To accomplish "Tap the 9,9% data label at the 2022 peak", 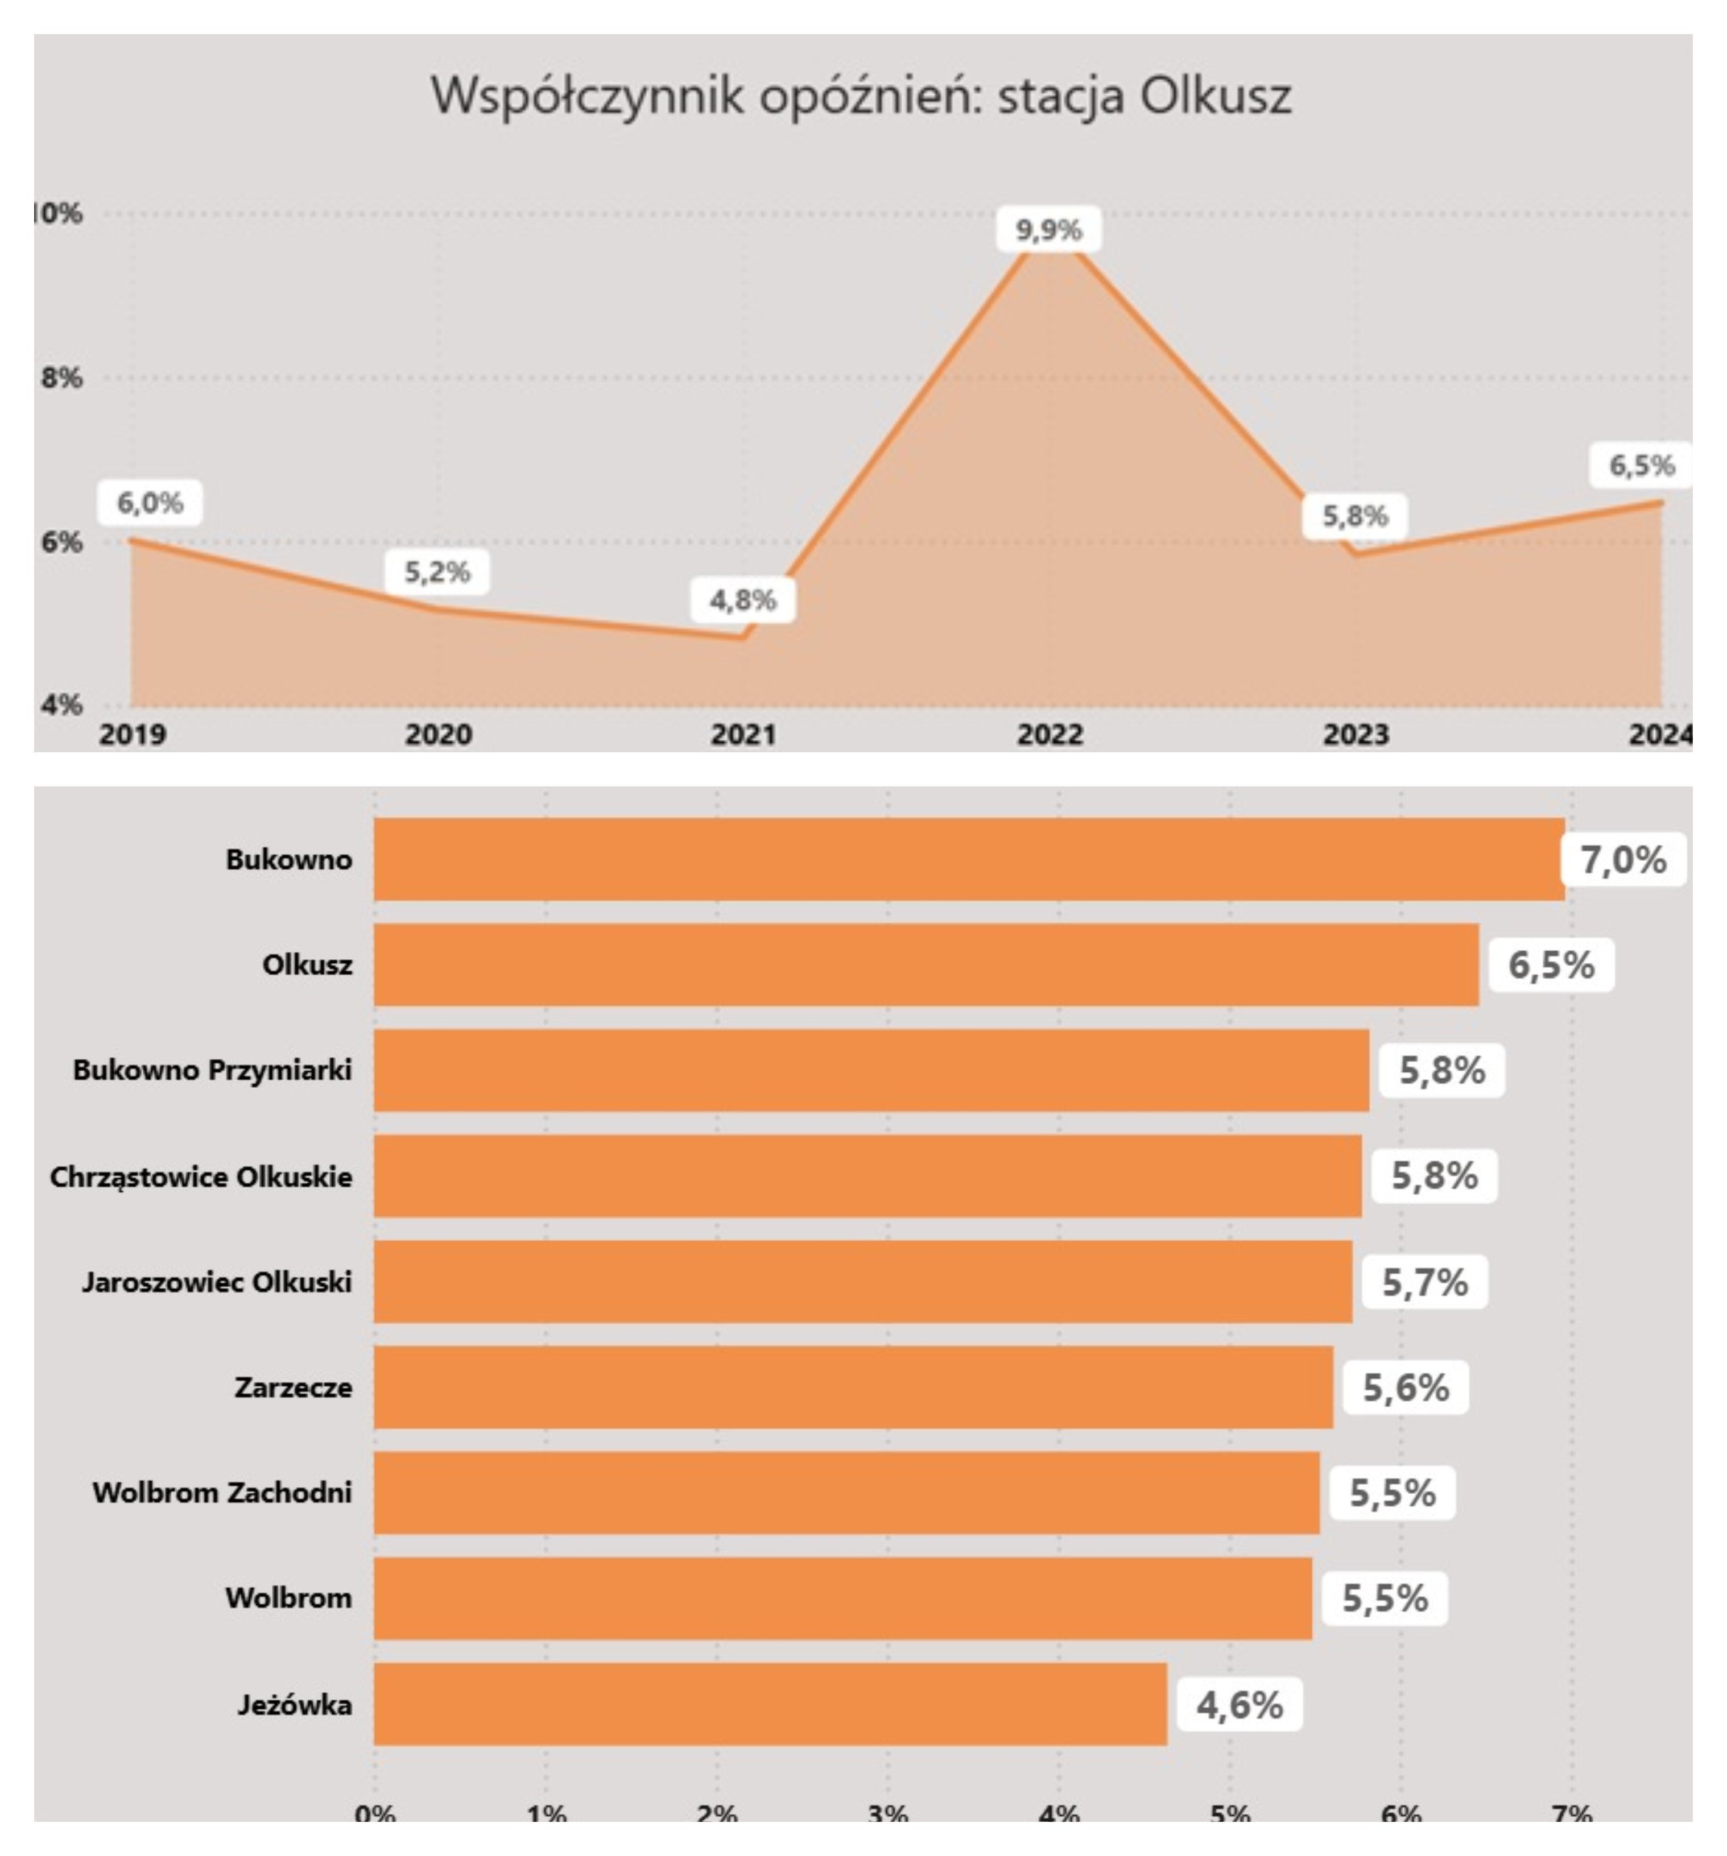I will (1048, 230).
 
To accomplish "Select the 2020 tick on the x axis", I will (438, 735).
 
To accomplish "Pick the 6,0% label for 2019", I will (150, 503).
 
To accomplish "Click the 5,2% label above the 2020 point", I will (437, 572).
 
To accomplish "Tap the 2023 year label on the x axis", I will (1355, 735).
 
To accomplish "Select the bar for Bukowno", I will (969, 859).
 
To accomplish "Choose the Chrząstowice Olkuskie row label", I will (201, 1176).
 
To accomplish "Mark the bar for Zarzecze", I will (853, 1386).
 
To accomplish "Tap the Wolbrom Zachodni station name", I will (222, 1492).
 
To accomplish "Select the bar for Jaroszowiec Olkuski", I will (862, 1281).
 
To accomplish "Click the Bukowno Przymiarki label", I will (212, 1070).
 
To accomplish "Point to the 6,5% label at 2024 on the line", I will (1641, 465).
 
